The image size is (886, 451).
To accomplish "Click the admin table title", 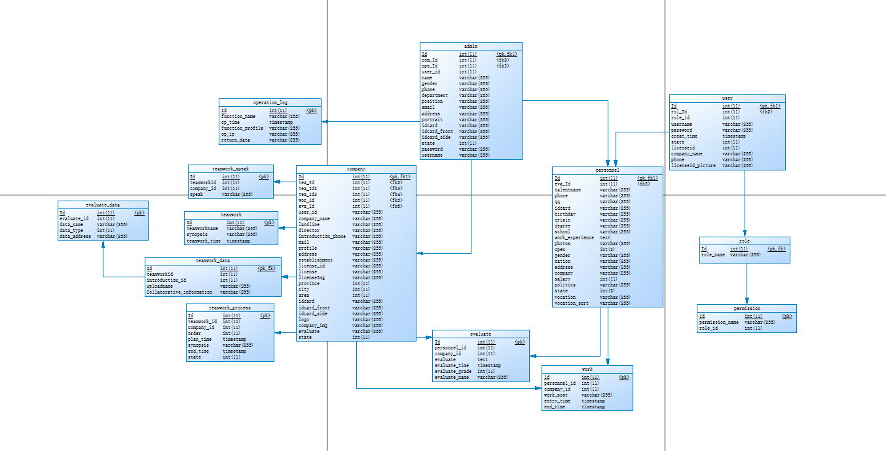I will click(x=471, y=47).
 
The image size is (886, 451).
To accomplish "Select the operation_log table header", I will click(x=270, y=102).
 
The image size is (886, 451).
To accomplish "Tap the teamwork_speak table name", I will click(x=231, y=168).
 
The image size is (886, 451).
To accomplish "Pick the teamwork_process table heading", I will click(x=230, y=307).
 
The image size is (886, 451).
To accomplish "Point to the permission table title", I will click(x=747, y=308).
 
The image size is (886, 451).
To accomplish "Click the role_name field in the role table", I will click(x=714, y=255).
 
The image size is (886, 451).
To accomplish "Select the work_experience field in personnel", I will click(x=574, y=238).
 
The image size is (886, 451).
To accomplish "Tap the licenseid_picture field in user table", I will click(x=693, y=166).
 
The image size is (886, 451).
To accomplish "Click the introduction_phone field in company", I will click(x=322, y=237).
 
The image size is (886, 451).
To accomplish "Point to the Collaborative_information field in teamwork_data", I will click(x=179, y=292).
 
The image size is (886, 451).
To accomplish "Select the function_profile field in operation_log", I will click(x=242, y=128).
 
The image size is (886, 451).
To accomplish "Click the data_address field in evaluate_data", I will click(x=75, y=237).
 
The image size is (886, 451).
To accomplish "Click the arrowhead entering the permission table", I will click(x=747, y=302).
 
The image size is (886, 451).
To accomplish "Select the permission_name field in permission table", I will click(x=719, y=323).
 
